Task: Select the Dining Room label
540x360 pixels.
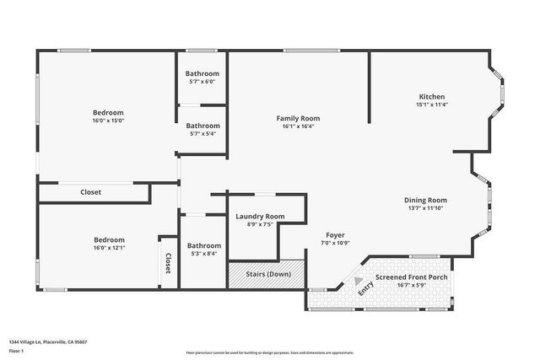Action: (x=424, y=200)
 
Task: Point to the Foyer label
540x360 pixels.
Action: (x=335, y=234)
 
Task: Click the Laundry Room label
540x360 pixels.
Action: (x=259, y=217)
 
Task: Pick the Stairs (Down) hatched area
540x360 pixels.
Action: (x=267, y=274)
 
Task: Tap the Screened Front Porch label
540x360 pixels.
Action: (x=412, y=277)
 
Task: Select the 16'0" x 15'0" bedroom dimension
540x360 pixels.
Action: (x=108, y=121)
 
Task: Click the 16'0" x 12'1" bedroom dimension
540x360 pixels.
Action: (x=109, y=248)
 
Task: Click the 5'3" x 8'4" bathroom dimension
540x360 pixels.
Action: (x=203, y=254)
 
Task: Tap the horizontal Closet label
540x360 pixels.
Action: (x=90, y=192)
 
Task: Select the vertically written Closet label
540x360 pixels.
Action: (x=168, y=263)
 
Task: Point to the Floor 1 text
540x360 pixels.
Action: (x=16, y=351)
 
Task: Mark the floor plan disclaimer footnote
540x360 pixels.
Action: (x=270, y=352)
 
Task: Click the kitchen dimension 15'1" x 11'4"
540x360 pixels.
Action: (x=431, y=105)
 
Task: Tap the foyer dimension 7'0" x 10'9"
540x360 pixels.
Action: (x=335, y=243)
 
